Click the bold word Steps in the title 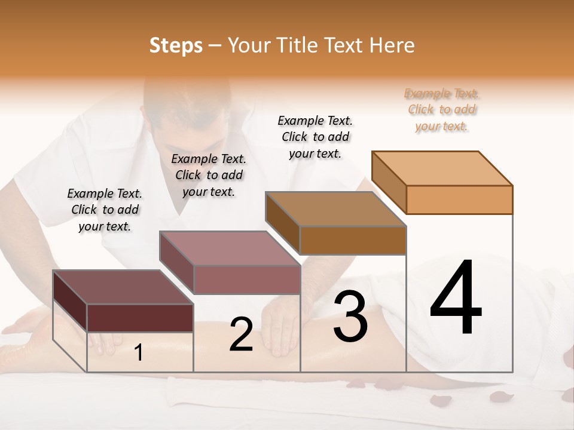point(175,45)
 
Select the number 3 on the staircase point(350,316)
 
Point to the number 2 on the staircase point(241,335)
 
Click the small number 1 point(139,353)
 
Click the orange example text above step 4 point(442,109)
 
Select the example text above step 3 point(315,137)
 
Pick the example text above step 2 point(209,175)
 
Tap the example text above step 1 point(105,210)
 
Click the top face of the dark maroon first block point(123,287)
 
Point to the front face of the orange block point(459,199)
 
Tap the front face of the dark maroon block point(140,318)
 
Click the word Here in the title point(392,45)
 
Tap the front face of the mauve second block point(246,279)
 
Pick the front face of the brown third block point(353,240)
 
